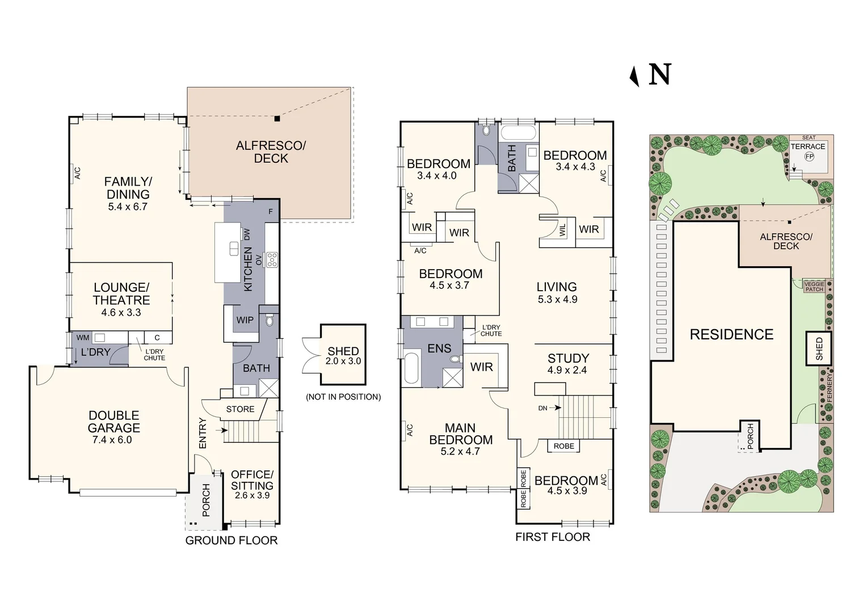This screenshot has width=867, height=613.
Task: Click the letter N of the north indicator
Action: pos(660,74)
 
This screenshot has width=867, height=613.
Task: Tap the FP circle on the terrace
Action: pos(809,157)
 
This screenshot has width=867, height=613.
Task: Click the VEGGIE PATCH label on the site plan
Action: pos(814,287)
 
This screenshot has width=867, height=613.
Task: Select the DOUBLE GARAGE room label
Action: pos(114,421)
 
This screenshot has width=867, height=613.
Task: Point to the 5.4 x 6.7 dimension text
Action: pos(128,207)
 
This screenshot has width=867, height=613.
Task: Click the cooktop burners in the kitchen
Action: pos(272,260)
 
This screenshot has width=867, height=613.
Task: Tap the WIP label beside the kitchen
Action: pos(245,320)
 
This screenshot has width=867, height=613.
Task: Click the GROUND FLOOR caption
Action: pos(232,540)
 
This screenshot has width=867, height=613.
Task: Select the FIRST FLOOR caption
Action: pos(553,537)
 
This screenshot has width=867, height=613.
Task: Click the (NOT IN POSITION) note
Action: pos(343,397)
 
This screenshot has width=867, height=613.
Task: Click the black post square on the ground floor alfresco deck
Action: pos(277,119)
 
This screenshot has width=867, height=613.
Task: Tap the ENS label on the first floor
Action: pos(439,349)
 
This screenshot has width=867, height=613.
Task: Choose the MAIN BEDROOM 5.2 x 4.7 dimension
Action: pos(460,451)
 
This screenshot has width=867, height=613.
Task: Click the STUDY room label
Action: pos(568,358)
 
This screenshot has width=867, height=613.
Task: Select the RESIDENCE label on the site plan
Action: pos(731,334)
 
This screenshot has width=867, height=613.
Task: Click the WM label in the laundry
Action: pos(83,338)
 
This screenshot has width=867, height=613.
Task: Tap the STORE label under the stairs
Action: pos(241,409)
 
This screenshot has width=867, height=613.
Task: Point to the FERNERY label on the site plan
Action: pos(829,388)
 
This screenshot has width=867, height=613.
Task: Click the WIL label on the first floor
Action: pos(563,230)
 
